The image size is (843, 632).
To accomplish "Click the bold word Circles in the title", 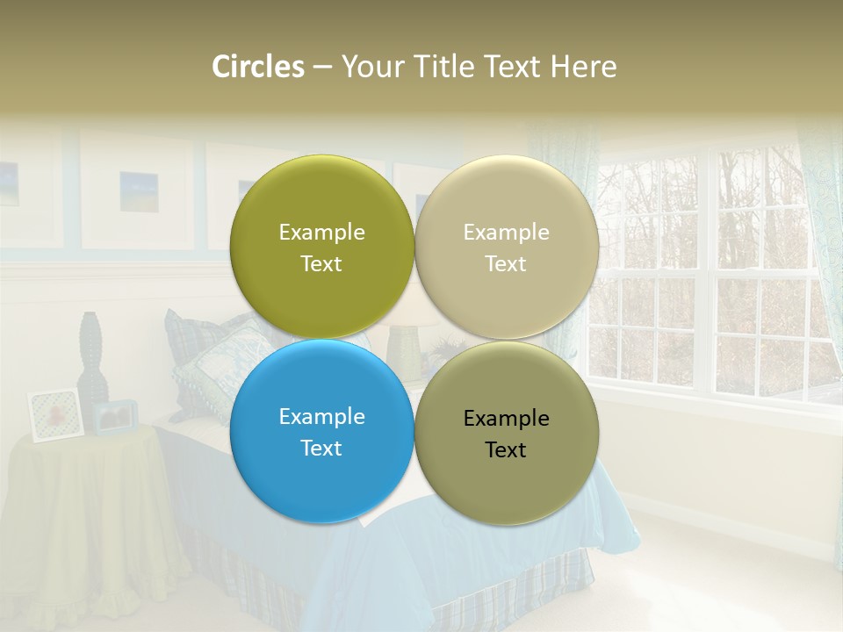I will click(258, 67).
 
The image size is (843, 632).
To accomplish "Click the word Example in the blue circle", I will click(321, 417).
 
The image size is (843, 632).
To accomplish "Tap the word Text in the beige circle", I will click(506, 264).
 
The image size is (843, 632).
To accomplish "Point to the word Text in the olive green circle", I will click(321, 264).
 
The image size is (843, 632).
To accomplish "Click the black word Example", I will click(506, 419).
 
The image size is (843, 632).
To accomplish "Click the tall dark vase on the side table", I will click(91, 360).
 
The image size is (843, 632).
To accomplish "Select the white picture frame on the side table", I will click(54, 414).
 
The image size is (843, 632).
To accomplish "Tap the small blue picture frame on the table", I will click(115, 417).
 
